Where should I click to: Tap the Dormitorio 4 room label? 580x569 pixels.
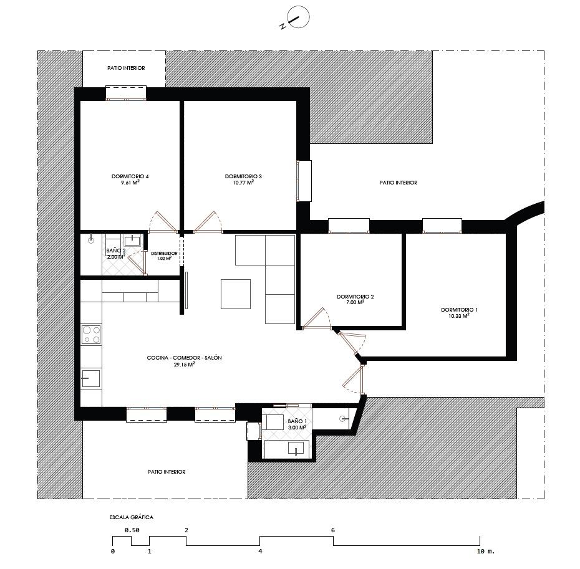(130, 176)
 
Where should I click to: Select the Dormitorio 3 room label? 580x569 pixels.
(243, 176)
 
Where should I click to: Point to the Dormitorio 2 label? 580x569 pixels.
(355, 297)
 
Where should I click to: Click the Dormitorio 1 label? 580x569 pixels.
(459, 310)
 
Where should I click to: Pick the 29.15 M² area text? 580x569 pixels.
(184, 364)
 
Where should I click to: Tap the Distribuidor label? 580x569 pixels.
(164, 253)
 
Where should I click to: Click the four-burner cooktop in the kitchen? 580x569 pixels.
(91, 335)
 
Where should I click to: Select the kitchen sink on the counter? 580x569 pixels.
(90, 378)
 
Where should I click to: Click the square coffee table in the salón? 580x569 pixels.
(236, 294)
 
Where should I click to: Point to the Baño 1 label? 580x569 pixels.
(297, 421)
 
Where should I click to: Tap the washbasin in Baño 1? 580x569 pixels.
(296, 447)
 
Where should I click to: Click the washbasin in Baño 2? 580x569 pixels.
(132, 241)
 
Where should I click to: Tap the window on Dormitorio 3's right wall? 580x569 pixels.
(304, 181)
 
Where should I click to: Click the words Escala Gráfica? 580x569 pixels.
(132, 517)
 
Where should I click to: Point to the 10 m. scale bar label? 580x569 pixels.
(485, 552)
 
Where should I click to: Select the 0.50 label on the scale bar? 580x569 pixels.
(132, 530)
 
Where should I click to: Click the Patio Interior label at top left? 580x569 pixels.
(126, 68)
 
